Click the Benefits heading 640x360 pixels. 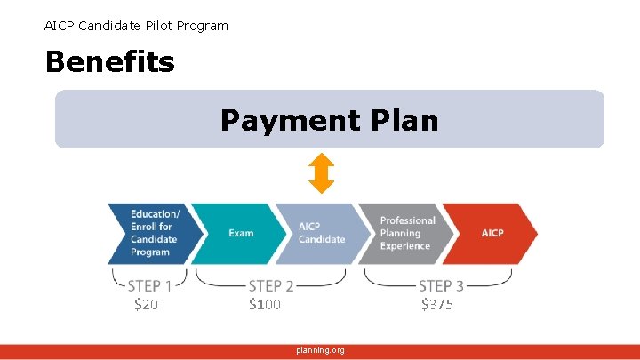tap(109, 62)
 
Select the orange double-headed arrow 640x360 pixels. tap(321, 173)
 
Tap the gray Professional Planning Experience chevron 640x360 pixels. tap(402, 234)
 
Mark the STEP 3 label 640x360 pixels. tap(441, 286)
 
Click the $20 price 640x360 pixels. tap(146, 305)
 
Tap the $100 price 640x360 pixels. tap(265, 305)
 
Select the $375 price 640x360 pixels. tap(437, 305)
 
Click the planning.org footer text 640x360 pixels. tap(320, 350)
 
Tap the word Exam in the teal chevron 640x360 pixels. tap(241, 234)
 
